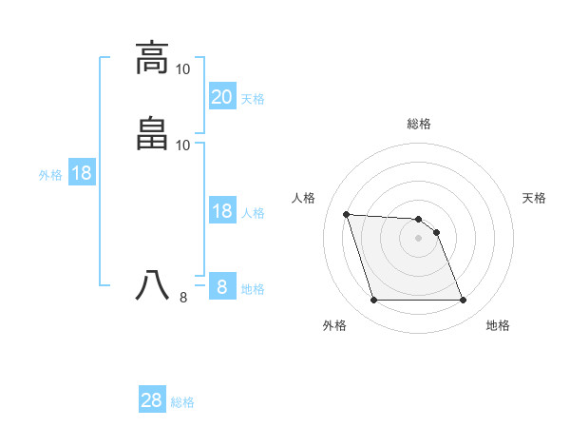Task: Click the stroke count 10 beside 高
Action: pos(183,69)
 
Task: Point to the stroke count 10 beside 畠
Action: pos(183,145)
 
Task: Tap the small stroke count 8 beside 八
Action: pos(183,298)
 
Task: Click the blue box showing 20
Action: pos(222,96)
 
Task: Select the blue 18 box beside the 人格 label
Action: pos(222,211)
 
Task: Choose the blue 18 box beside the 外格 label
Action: pos(82,173)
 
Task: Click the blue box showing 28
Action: pos(152,400)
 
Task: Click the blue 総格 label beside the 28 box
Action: pos(183,402)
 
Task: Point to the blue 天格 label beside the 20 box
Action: pos(253,98)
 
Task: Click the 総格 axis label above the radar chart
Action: pos(419,124)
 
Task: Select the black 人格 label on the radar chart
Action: pos(304,198)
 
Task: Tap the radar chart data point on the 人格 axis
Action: pos(346,214)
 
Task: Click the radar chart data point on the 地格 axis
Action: pos(464,301)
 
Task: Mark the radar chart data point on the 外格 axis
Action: pos(373,301)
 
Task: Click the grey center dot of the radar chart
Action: pos(419,238)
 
